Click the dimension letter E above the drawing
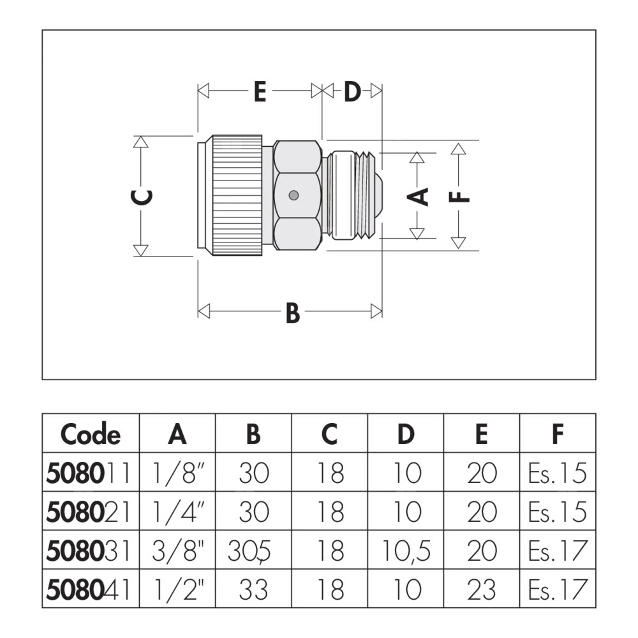point(259,92)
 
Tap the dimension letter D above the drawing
point(352,92)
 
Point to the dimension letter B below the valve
point(292,313)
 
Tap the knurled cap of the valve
point(237,195)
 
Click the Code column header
point(90,434)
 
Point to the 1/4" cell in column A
point(177,512)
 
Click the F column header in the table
point(557,434)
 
